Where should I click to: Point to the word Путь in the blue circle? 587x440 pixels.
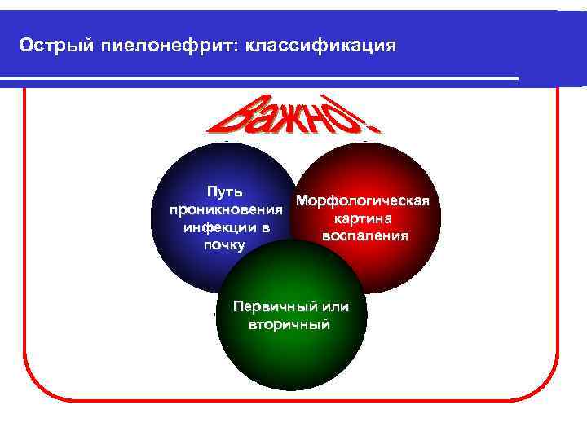[x=224, y=192]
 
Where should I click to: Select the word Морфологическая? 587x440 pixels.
[x=364, y=200]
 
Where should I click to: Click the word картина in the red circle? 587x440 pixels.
[x=364, y=218]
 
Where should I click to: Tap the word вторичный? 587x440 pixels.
[x=289, y=324]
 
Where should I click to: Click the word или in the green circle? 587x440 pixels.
[x=335, y=307]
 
